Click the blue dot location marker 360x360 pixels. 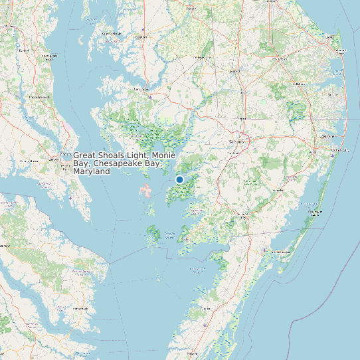pos(179,179)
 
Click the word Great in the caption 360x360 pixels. pos(86,155)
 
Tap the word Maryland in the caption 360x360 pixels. pos(92,171)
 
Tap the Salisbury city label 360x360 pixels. pos(237,141)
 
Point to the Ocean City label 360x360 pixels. pos(340,150)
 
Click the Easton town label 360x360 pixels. pos(140,37)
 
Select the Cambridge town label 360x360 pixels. pos(141,88)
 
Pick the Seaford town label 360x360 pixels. pos(234,70)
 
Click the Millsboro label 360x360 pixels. pos(299,84)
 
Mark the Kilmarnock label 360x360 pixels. pos(80,308)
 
